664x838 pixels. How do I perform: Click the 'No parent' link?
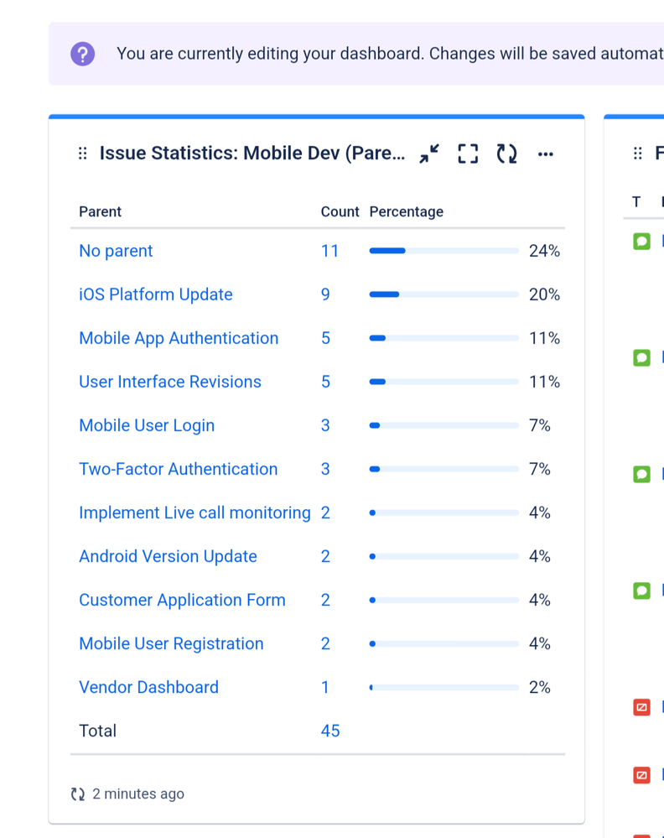pyautogui.click(x=116, y=251)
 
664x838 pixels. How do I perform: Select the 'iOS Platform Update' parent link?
pyautogui.click(x=155, y=294)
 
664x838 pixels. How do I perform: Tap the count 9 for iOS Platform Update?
pyautogui.click(x=325, y=294)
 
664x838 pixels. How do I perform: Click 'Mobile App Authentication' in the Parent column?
pyautogui.click(x=179, y=338)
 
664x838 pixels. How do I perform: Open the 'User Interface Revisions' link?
pyautogui.click(x=170, y=382)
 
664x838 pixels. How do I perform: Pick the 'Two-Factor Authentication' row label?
pyautogui.click(x=178, y=469)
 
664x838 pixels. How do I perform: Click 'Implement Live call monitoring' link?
pyautogui.click(x=195, y=513)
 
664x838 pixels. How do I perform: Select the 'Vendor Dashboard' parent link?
pyautogui.click(x=148, y=687)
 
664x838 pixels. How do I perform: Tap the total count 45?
pyautogui.click(x=330, y=731)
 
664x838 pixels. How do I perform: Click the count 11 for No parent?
pyautogui.click(x=330, y=251)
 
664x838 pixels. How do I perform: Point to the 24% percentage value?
pyautogui.click(x=544, y=251)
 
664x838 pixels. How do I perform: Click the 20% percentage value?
pyautogui.click(x=544, y=294)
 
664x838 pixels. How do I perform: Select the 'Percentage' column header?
pyautogui.click(x=407, y=212)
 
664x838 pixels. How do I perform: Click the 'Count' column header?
pyautogui.click(x=340, y=212)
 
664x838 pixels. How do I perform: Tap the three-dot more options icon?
pyautogui.click(x=546, y=154)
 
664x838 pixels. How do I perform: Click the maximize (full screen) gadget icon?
pyautogui.click(x=468, y=154)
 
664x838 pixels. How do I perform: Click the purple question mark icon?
pyautogui.click(x=82, y=54)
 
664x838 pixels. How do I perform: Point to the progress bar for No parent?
pyautogui.click(x=444, y=251)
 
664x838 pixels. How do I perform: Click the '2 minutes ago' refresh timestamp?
pyautogui.click(x=137, y=794)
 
